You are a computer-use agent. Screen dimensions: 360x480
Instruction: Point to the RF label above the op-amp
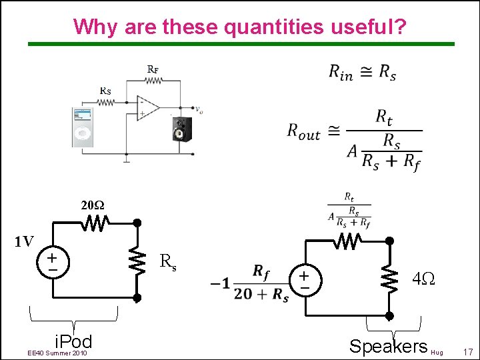(153, 69)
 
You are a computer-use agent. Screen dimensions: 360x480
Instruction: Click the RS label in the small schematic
(105, 91)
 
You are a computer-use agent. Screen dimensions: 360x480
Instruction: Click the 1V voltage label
(25, 241)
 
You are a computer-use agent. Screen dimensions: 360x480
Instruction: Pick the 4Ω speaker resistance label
(423, 278)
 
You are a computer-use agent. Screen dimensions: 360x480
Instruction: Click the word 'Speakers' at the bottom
(389, 346)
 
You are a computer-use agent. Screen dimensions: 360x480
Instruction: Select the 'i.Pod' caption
(73, 342)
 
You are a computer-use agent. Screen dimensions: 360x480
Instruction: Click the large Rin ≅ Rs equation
(362, 73)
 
